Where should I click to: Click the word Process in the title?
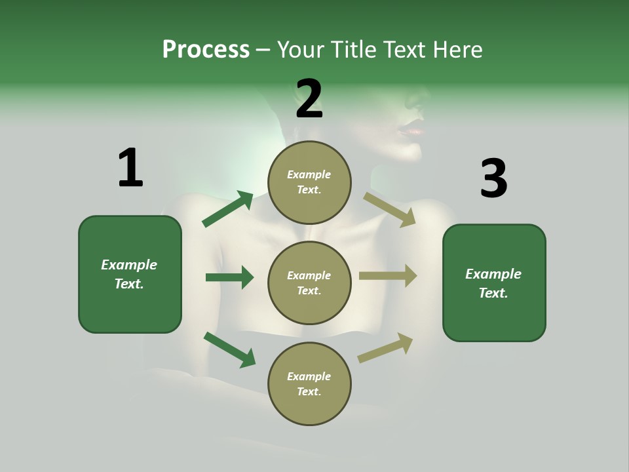coord(206,50)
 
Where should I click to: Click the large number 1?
coord(130,168)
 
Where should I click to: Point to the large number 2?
coord(309,98)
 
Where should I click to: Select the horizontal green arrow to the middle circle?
coord(229,277)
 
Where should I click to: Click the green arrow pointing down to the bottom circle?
coord(229,349)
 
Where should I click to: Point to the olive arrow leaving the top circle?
coord(389,209)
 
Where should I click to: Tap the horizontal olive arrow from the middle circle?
coord(387,275)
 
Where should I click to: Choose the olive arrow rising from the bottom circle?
coord(385,348)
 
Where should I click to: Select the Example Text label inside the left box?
coord(129,274)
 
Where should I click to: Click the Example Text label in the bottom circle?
coord(309,383)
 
